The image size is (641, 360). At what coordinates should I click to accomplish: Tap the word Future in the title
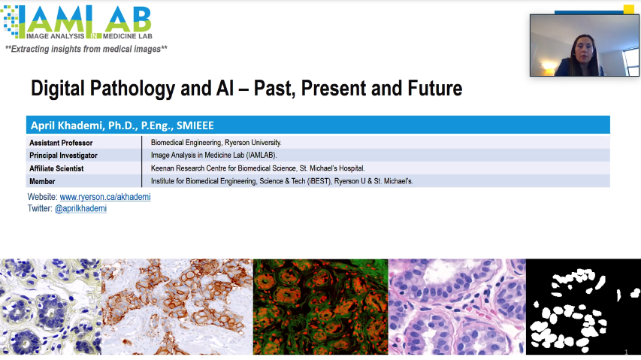(434, 88)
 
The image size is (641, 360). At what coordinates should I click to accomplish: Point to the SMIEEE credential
(195, 126)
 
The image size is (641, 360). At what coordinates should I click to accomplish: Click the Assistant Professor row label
(61, 143)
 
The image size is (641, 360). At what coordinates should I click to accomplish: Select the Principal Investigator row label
(63, 156)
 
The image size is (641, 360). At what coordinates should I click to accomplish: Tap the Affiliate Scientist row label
(56, 168)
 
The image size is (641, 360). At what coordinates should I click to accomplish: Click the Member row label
(42, 181)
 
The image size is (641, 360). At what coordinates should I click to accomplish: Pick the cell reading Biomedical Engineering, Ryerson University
(216, 143)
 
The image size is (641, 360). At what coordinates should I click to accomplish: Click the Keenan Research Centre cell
(258, 168)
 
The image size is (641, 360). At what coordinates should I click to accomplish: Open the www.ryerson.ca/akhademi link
(105, 197)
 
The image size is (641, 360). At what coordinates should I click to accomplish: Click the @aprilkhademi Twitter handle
(80, 208)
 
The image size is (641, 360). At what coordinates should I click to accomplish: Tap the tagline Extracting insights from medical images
(86, 49)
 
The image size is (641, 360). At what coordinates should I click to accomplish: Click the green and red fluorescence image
(320, 307)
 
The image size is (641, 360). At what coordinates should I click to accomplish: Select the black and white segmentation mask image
(583, 307)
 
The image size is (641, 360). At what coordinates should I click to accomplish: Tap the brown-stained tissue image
(177, 307)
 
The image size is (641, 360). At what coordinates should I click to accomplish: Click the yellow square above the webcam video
(628, 10)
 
